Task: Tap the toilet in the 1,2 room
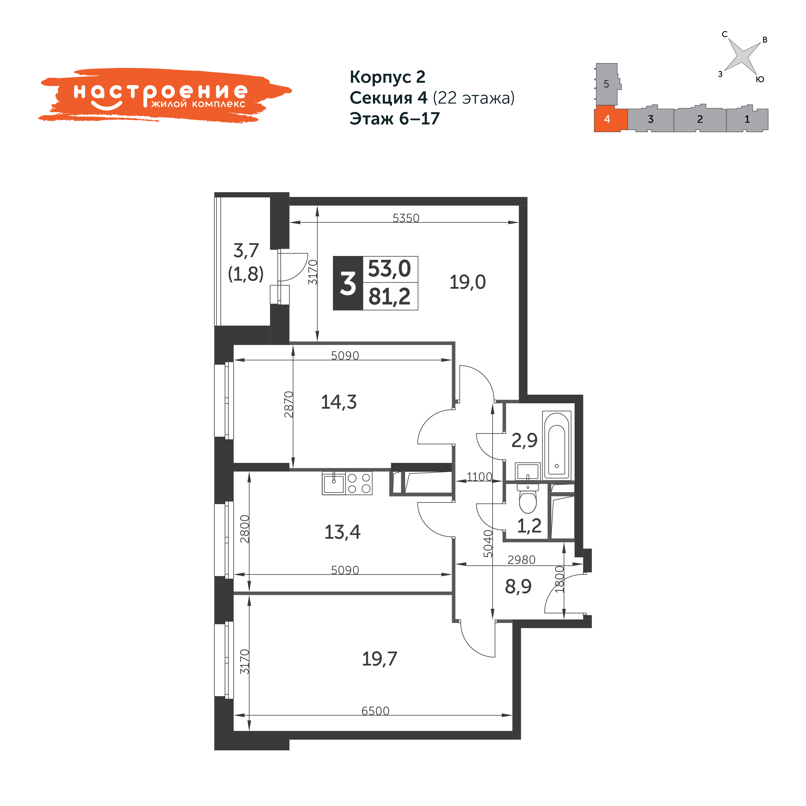[528, 499]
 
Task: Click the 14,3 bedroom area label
[339, 402]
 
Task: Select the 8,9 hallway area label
[518, 587]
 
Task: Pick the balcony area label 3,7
[246, 251]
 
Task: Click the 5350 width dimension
[406, 218]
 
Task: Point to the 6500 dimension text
[375, 711]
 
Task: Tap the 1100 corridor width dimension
[479, 477]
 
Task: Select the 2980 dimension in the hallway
[521, 560]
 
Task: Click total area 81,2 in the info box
[390, 297]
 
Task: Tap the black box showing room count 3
[348, 283]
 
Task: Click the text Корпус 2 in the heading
[388, 77]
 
